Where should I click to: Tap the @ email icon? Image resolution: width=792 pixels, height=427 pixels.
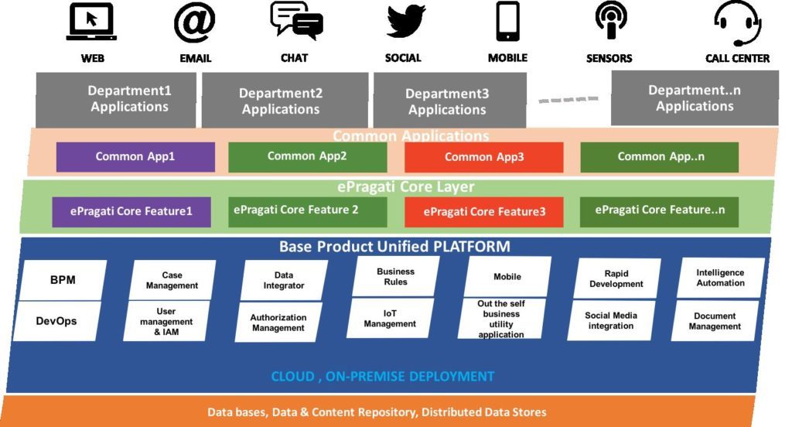coord(195,22)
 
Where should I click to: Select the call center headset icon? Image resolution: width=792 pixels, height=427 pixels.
coord(737,23)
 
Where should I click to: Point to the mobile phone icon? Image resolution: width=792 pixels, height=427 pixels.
coord(507,22)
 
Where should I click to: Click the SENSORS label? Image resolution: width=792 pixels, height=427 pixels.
coord(609,58)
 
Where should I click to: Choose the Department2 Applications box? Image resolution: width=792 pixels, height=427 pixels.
coord(281,101)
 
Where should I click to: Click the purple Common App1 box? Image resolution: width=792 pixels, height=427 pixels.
coord(135,157)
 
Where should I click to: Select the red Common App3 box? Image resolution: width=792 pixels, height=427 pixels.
coord(484,158)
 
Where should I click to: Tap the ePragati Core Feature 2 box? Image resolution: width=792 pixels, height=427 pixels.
coord(307,210)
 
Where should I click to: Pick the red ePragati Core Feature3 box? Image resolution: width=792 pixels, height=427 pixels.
coord(484,212)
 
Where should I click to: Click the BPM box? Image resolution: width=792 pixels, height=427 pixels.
coord(63,280)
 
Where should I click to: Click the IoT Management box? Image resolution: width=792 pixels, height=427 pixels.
coord(390,318)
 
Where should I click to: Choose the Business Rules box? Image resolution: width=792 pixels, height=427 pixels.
coord(395,277)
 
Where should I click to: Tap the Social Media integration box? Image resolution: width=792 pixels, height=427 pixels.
coord(611,321)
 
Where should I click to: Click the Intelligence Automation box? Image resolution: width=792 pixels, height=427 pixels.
coord(720,278)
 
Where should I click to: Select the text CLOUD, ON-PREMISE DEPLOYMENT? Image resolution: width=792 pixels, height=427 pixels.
coord(382,377)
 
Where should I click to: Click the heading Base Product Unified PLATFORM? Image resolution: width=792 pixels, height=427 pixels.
coord(394,248)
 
